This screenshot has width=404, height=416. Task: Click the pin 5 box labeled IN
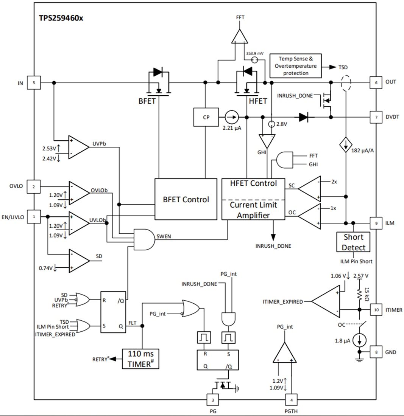pos(34,83)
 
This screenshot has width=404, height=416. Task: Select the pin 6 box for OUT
pos(376,82)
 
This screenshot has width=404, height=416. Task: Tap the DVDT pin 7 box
pos(376,117)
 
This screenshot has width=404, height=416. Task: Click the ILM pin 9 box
pos(376,223)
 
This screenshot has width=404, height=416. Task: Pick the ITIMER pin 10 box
pos(376,309)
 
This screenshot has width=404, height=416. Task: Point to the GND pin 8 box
pos(376,352)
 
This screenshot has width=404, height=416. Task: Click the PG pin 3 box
pos(213,399)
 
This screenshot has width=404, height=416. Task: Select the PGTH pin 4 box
pos(291,399)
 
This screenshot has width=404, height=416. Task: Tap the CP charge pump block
pos(206,118)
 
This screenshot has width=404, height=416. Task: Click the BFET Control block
pos(186,199)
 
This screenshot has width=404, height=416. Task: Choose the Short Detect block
pos(353,242)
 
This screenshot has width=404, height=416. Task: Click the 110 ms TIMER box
pos(140,359)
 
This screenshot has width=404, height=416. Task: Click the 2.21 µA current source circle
pos(232,118)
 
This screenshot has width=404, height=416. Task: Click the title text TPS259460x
pos(61,18)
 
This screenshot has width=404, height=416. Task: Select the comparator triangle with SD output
pos(78,261)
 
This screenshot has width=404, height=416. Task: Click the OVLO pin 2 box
pos(34,186)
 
